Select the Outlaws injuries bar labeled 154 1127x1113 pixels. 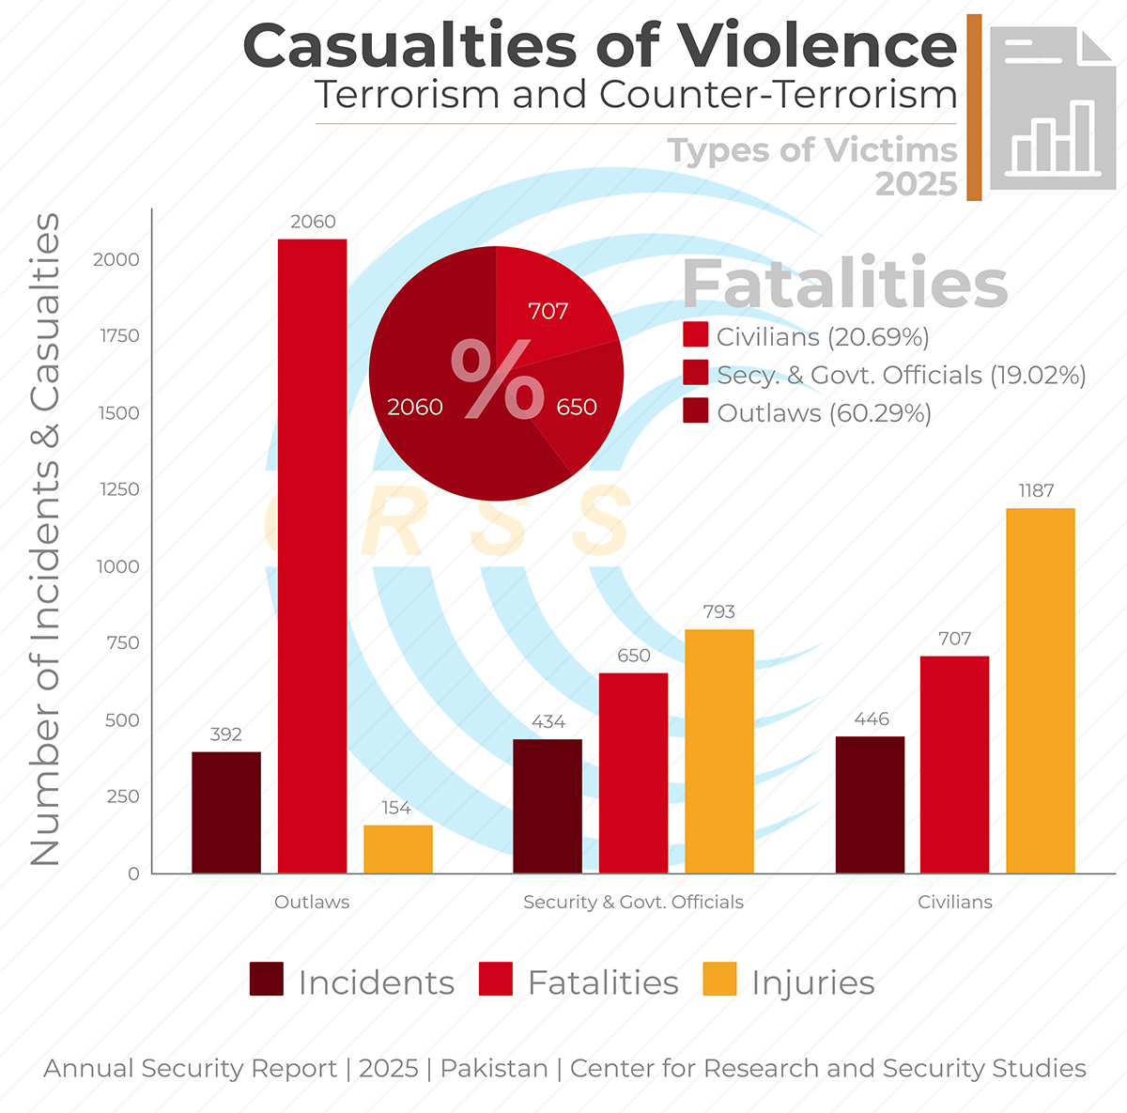[x=398, y=849]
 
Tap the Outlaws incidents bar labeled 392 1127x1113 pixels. [x=226, y=812]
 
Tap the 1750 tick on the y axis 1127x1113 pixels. [x=119, y=336]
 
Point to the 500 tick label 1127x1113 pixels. [x=122, y=720]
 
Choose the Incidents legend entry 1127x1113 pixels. [x=352, y=982]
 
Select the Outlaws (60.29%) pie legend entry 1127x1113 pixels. [x=808, y=413]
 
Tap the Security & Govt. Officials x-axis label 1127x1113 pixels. [x=633, y=902]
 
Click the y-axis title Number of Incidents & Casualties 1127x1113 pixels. [x=45, y=540]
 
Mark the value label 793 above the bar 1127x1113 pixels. [x=718, y=612]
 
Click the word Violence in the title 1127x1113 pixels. [x=816, y=45]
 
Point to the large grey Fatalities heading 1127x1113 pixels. [x=844, y=283]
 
